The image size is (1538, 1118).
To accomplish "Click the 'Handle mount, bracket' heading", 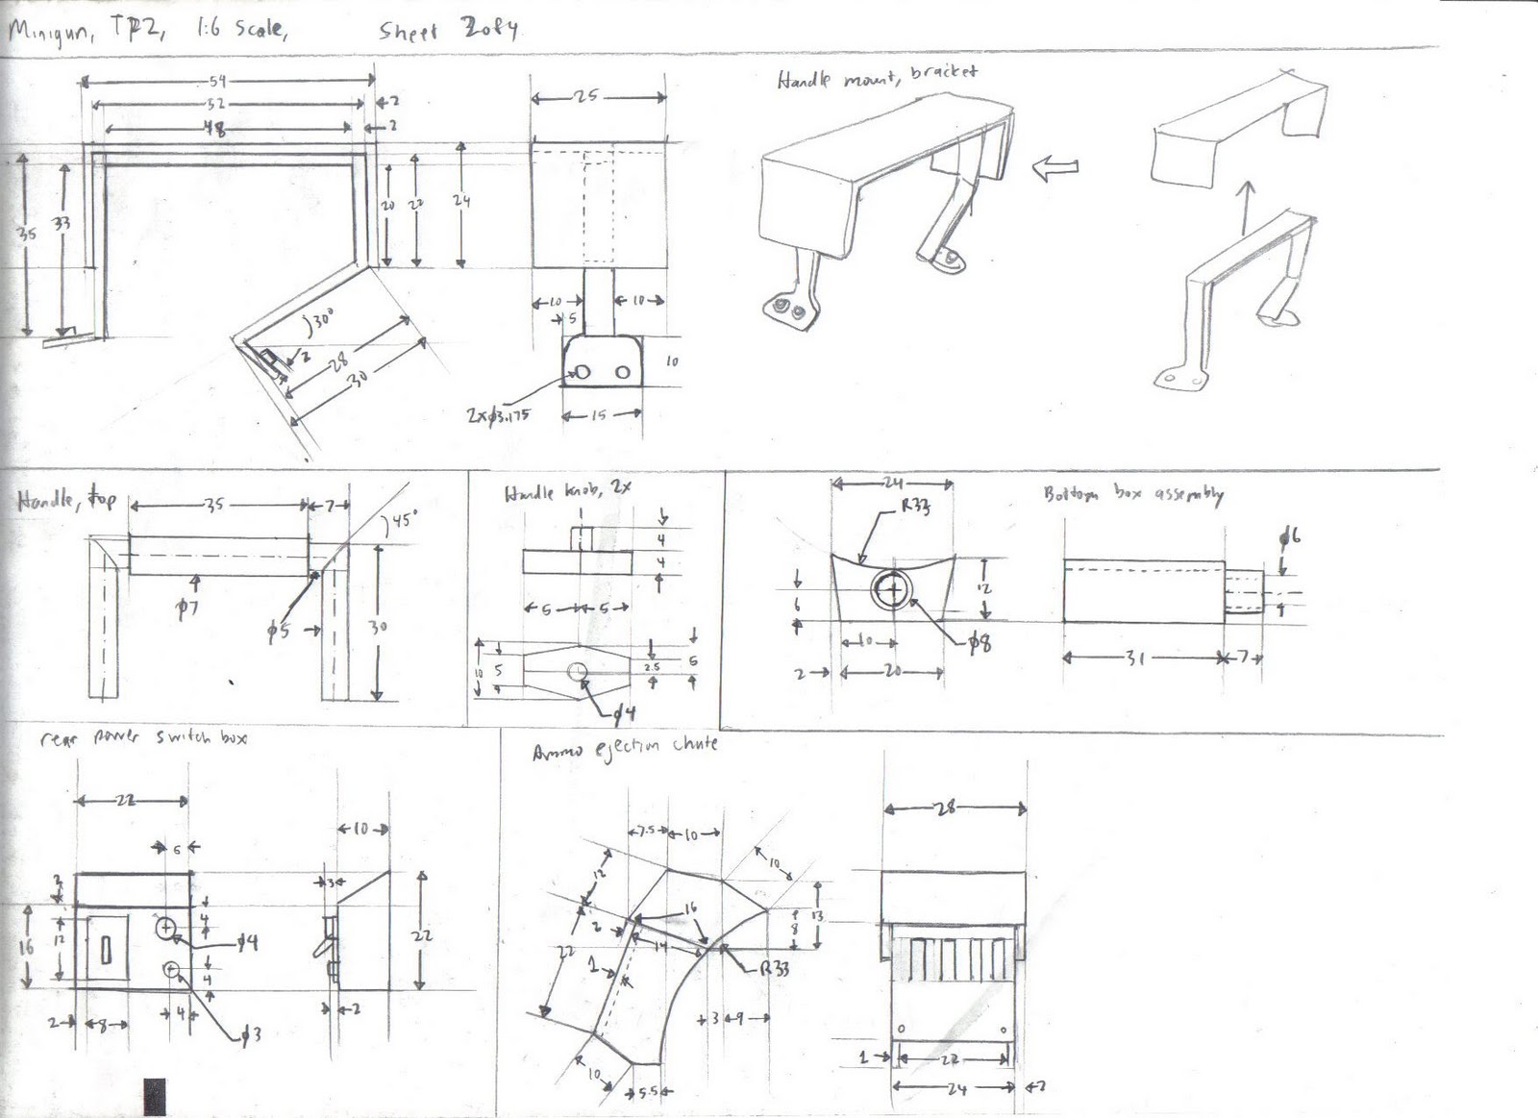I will click(877, 77).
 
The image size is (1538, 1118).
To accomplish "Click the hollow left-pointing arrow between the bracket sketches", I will click(1054, 168).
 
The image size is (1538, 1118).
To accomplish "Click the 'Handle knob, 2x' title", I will click(567, 492).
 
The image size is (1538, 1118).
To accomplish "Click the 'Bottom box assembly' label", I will click(1132, 494).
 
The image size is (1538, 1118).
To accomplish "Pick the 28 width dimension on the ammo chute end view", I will click(946, 808).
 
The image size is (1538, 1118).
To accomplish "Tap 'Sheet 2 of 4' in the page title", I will click(448, 31).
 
